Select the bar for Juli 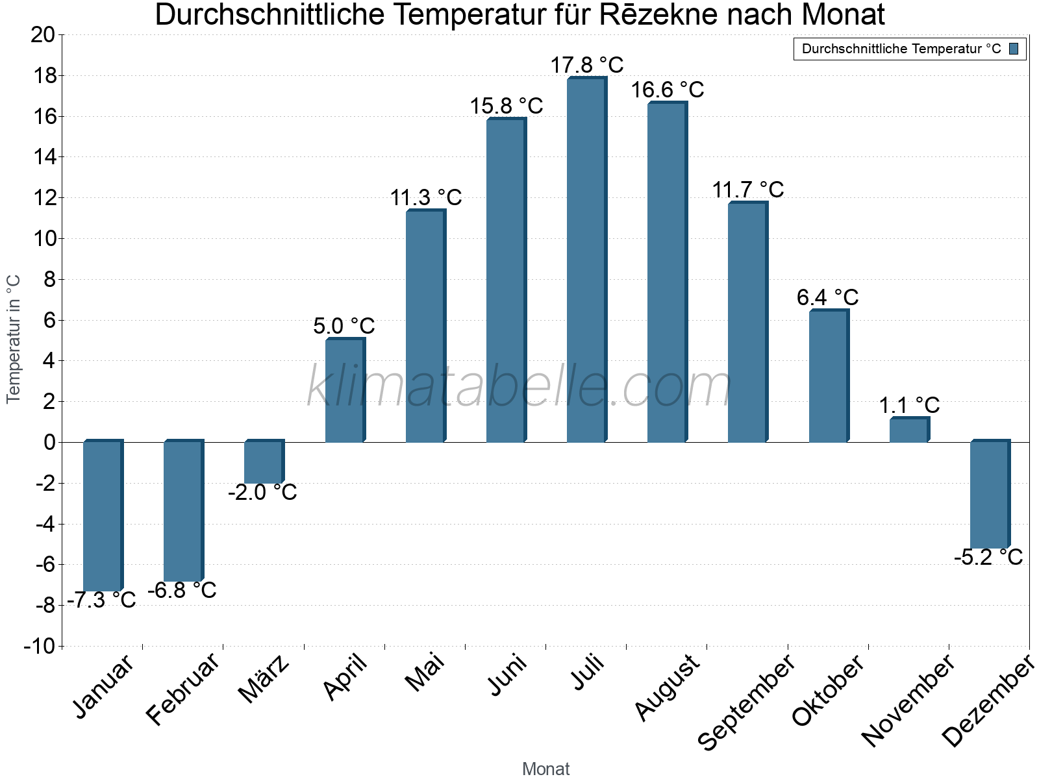586,260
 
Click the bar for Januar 103,516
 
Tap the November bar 909,430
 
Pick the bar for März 264,462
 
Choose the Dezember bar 990,495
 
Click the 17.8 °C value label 587,65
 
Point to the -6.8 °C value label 182,590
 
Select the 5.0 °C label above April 344,326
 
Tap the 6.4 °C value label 827,297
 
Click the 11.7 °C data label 748,190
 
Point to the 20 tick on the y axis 43,34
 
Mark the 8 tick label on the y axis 49,279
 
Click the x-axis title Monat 545,769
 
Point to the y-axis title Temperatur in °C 14,339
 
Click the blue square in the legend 1014,49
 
